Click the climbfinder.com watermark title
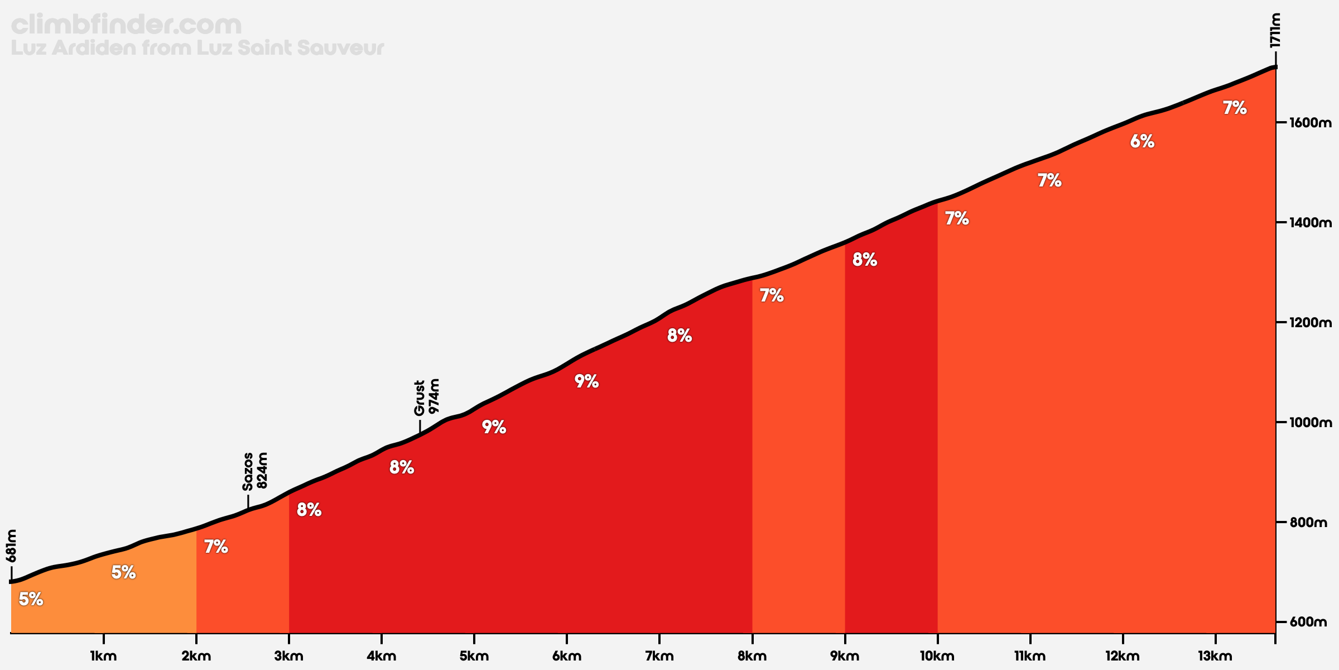pyautogui.click(x=126, y=25)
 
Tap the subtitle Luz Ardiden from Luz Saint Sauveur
pyautogui.click(x=198, y=48)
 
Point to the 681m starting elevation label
pyautogui.click(x=11, y=545)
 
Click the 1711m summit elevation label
pyautogui.click(x=1274, y=30)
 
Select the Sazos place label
pyautogui.click(x=248, y=471)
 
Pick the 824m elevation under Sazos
pyautogui.click(x=262, y=470)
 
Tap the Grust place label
pyautogui.click(x=420, y=398)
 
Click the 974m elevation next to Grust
pyautogui.click(x=434, y=396)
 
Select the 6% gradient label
pyautogui.click(x=1142, y=142)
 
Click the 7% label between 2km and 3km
pyautogui.click(x=216, y=547)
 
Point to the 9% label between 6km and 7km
pyautogui.click(x=586, y=381)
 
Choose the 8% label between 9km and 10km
pyautogui.click(x=865, y=260)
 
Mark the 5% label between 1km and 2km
pyautogui.click(x=123, y=572)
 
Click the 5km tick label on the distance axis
pyautogui.click(x=474, y=656)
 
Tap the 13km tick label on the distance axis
pyautogui.click(x=1215, y=656)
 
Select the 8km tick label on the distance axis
pyautogui.click(x=752, y=656)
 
